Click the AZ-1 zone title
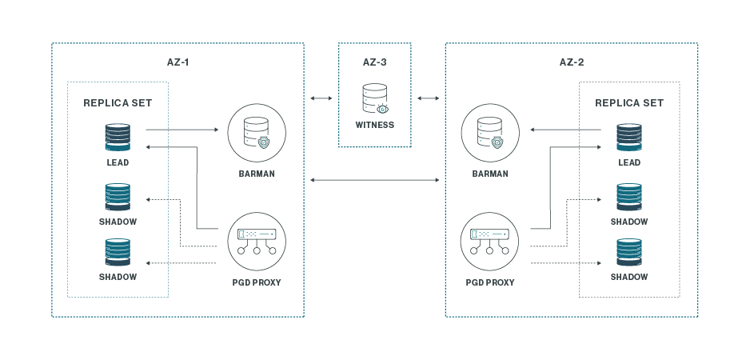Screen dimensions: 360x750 pyautogui.click(x=178, y=62)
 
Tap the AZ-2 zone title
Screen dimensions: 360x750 pyautogui.click(x=571, y=62)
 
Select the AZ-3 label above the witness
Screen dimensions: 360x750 pyautogui.click(x=374, y=62)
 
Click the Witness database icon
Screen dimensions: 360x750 pyautogui.click(x=374, y=99)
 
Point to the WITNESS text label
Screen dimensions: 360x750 pyautogui.click(x=374, y=125)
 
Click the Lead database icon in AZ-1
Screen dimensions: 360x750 pyautogui.click(x=118, y=137)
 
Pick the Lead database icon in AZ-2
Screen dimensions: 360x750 pyautogui.click(x=629, y=137)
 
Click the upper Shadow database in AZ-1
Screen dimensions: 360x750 pyautogui.click(x=118, y=197)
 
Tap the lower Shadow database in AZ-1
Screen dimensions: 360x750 pyautogui.click(x=118, y=252)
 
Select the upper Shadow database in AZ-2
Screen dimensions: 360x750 pyautogui.click(x=629, y=197)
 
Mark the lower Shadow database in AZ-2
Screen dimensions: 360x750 pyautogui.click(x=629, y=252)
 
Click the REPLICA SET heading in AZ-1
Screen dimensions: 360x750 pyautogui.click(x=118, y=103)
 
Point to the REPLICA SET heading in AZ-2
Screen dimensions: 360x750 pyautogui.click(x=629, y=103)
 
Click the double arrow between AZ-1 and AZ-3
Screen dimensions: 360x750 pyautogui.click(x=321, y=98)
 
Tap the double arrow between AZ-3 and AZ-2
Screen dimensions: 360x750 pyautogui.click(x=428, y=98)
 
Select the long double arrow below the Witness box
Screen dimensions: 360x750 pyautogui.click(x=374, y=181)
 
